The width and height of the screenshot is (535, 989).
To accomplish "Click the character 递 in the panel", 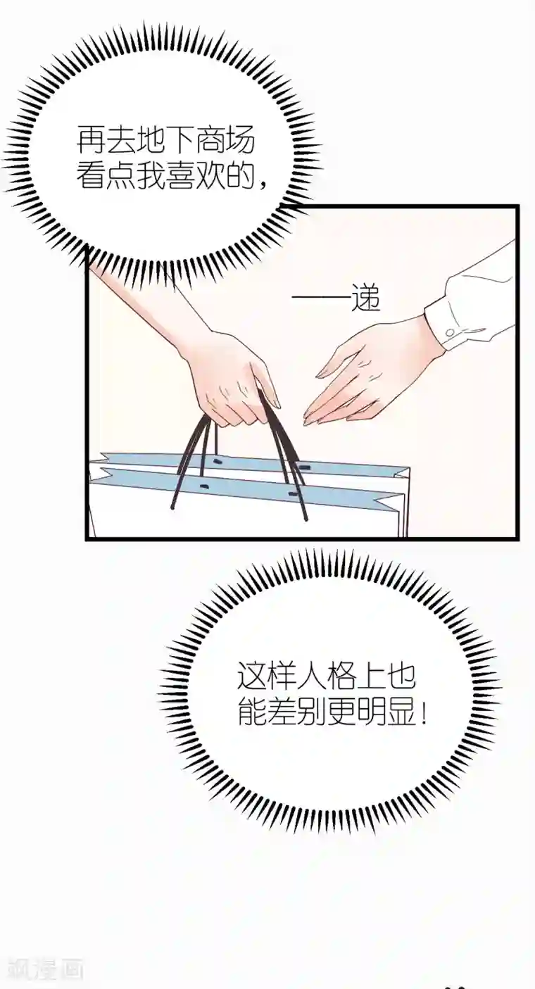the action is click(x=365, y=301).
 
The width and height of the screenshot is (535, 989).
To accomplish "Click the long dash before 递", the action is click(x=320, y=301).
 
